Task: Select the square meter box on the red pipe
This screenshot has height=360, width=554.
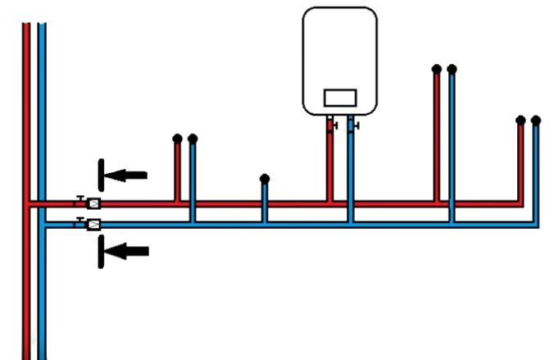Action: [x=93, y=203]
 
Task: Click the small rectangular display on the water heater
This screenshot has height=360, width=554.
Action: [x=339, y=97]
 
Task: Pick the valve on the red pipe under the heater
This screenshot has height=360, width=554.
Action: [x=331, y=126]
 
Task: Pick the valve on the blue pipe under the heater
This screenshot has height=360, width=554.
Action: [x=351, y=126]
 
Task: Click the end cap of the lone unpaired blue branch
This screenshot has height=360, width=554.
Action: [x=264, y=178]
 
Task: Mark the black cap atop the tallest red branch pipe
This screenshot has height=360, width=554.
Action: [x=438, y=69]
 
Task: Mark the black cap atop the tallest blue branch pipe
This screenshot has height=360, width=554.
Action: [x=452, y=69]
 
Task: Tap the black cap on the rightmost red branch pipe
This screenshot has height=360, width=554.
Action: [x=520, y=120]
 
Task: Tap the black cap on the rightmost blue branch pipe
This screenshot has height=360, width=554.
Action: [x=536, y=120]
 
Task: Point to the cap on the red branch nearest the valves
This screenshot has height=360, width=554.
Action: [x=177, y=139]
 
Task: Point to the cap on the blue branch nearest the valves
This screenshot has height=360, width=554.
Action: [x=193, y=139]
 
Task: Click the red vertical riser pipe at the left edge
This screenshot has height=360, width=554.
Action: [x=26, y=123]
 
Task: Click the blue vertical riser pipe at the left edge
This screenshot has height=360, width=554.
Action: [x=42, y=123]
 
